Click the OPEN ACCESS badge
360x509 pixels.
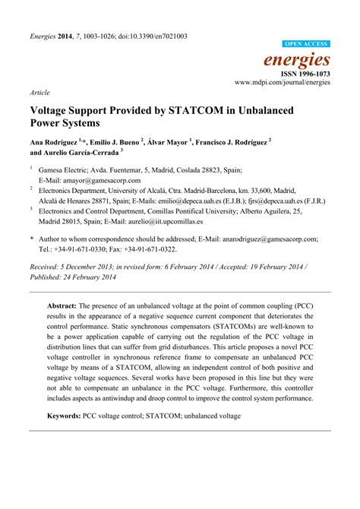coord(306,44)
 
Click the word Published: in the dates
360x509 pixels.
coord(49,277)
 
